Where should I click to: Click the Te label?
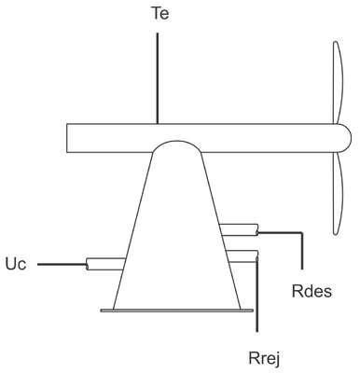160,13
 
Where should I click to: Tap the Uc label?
16,264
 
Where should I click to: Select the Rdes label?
312,291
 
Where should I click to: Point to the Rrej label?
264,358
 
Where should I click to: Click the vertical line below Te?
158,78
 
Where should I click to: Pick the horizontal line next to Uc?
62,265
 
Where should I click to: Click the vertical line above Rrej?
256,295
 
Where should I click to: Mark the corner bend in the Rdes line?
301,232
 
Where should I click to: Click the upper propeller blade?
339,83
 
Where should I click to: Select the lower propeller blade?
339,193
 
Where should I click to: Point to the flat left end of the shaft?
67,138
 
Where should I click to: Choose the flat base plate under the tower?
176,311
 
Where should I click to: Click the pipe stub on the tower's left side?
105,264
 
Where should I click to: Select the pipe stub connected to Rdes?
239,230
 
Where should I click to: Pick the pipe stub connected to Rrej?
242,256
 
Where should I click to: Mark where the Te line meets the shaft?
158,124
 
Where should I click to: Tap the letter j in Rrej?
277,360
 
